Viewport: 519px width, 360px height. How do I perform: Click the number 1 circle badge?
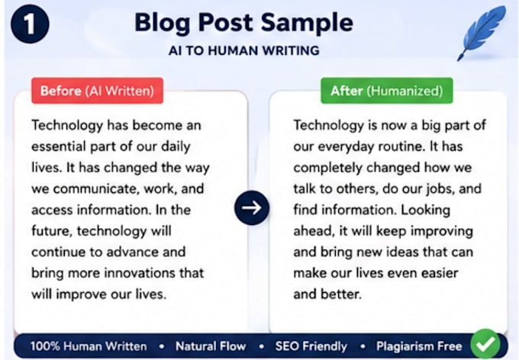tap(30, 24)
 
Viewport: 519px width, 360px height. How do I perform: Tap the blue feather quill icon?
tap(482, 33)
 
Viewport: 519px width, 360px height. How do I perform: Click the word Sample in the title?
tap(307, 23)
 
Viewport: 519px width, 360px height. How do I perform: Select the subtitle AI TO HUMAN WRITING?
tap(244, 50)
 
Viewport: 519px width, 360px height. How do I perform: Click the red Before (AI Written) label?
tap(98, 91)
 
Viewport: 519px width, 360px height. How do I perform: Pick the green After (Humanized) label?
tap(387, 91)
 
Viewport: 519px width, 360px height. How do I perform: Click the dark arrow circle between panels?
tap(252, 207)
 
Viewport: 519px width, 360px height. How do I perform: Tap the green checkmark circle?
tap(485, 344)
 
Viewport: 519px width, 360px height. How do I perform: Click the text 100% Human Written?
tap(89, 346)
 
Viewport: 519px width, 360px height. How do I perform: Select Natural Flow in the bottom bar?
tap(211, 346)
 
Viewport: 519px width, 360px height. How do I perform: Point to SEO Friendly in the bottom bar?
tap(311, 346)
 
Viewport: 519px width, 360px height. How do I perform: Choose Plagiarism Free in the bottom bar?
tap(419, 346)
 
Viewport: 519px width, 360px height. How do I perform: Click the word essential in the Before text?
tap(59, 146)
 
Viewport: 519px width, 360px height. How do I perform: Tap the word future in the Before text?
tap(52, 231)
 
